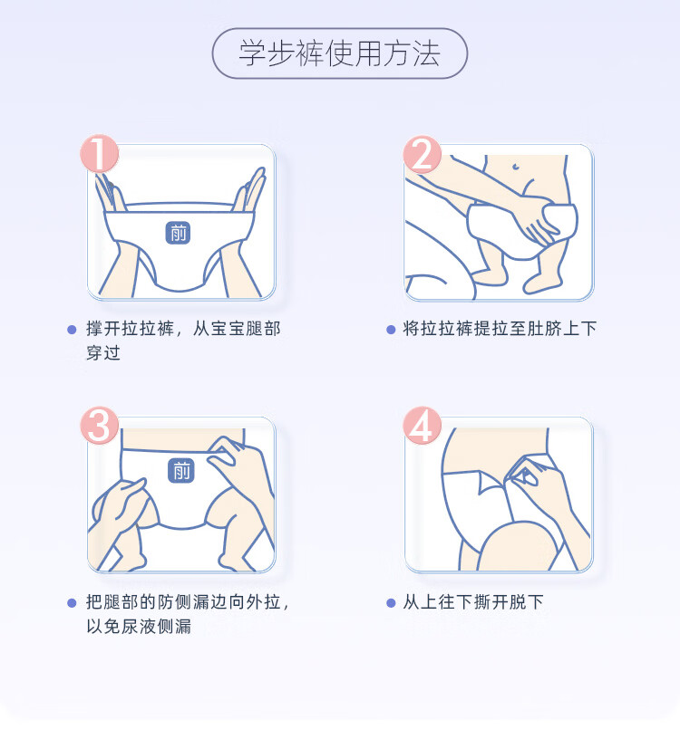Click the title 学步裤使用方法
point(339,53)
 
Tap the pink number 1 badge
point(99,153)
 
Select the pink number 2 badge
point(422,153)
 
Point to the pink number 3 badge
point(99,426)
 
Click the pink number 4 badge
point(422,426)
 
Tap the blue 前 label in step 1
point(178,233)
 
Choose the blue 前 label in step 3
point(181,471)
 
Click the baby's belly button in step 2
point(516,167)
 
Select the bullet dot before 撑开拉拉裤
point(72,330)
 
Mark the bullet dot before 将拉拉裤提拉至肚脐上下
point(391,330)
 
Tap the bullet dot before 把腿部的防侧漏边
point(72,603)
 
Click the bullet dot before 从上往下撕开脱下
point(391,603)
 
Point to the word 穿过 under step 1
point(103,353)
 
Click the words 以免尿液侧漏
point(139,626)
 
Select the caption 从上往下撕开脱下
point(473,602)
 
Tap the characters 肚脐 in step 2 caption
point(544,329)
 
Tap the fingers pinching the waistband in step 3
point(224,451)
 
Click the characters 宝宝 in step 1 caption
point(228,329)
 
